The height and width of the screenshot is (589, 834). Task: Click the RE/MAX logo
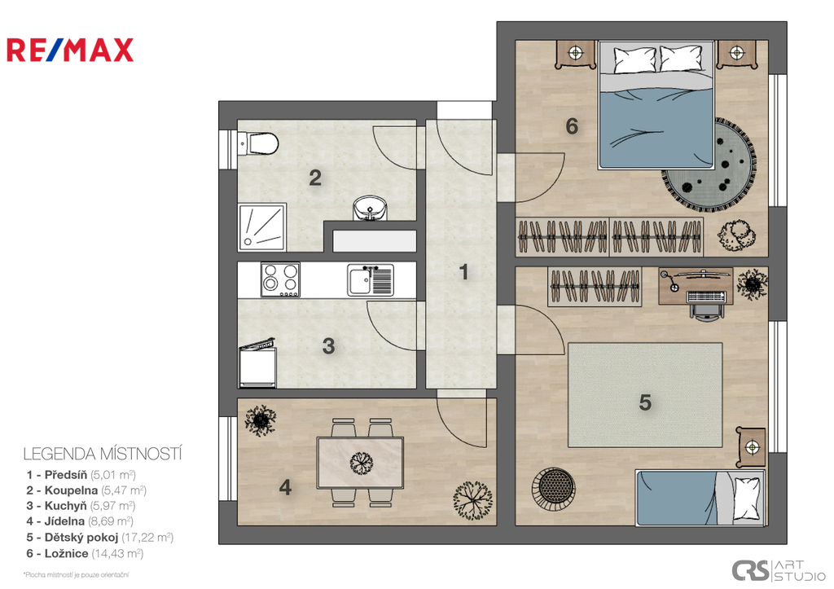click(70, 50)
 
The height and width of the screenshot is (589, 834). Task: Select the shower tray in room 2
click(262, 227)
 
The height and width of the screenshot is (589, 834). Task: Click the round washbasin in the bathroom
click(371, 208)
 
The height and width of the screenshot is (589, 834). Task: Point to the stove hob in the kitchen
click(280, 279)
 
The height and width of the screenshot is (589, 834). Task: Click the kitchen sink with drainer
click(371, 280)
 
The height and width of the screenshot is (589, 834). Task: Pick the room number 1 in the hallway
click(463, 272)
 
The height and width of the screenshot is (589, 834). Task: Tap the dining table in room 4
click(360, 463)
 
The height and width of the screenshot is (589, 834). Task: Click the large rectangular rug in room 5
click(645, 395)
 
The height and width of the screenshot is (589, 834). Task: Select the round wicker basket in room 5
click(554, 486)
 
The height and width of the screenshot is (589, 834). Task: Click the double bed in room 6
click(656, 105)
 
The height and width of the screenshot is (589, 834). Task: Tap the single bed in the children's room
click(701, 498)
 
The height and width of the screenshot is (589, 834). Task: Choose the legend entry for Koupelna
click(86, 490)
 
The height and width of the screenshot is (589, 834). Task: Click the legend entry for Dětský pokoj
click(100, 538)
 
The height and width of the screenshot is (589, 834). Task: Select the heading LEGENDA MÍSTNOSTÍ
click(103, 454)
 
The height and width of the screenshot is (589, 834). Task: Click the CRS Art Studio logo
click(779, 571)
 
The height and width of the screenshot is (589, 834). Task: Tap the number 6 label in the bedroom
click(572, 126)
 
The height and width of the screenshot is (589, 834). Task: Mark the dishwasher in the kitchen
click(257, 364)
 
